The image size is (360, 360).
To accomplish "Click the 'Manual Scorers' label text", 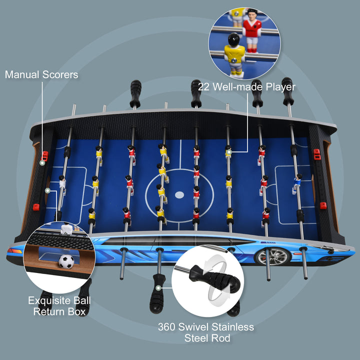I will (41, 75).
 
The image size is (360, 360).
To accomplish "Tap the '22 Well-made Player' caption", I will (246, 86).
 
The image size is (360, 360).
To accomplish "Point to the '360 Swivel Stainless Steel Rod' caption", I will (206, 332).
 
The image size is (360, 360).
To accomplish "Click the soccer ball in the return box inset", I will (66, 261).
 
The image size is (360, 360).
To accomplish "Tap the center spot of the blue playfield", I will (179, 193).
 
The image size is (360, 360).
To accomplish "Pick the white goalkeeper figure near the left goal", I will (62, 182).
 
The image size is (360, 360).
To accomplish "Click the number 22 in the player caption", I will (203, 86).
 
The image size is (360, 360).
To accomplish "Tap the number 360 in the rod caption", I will (166, 327).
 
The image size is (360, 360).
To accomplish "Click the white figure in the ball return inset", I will (65, 229).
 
